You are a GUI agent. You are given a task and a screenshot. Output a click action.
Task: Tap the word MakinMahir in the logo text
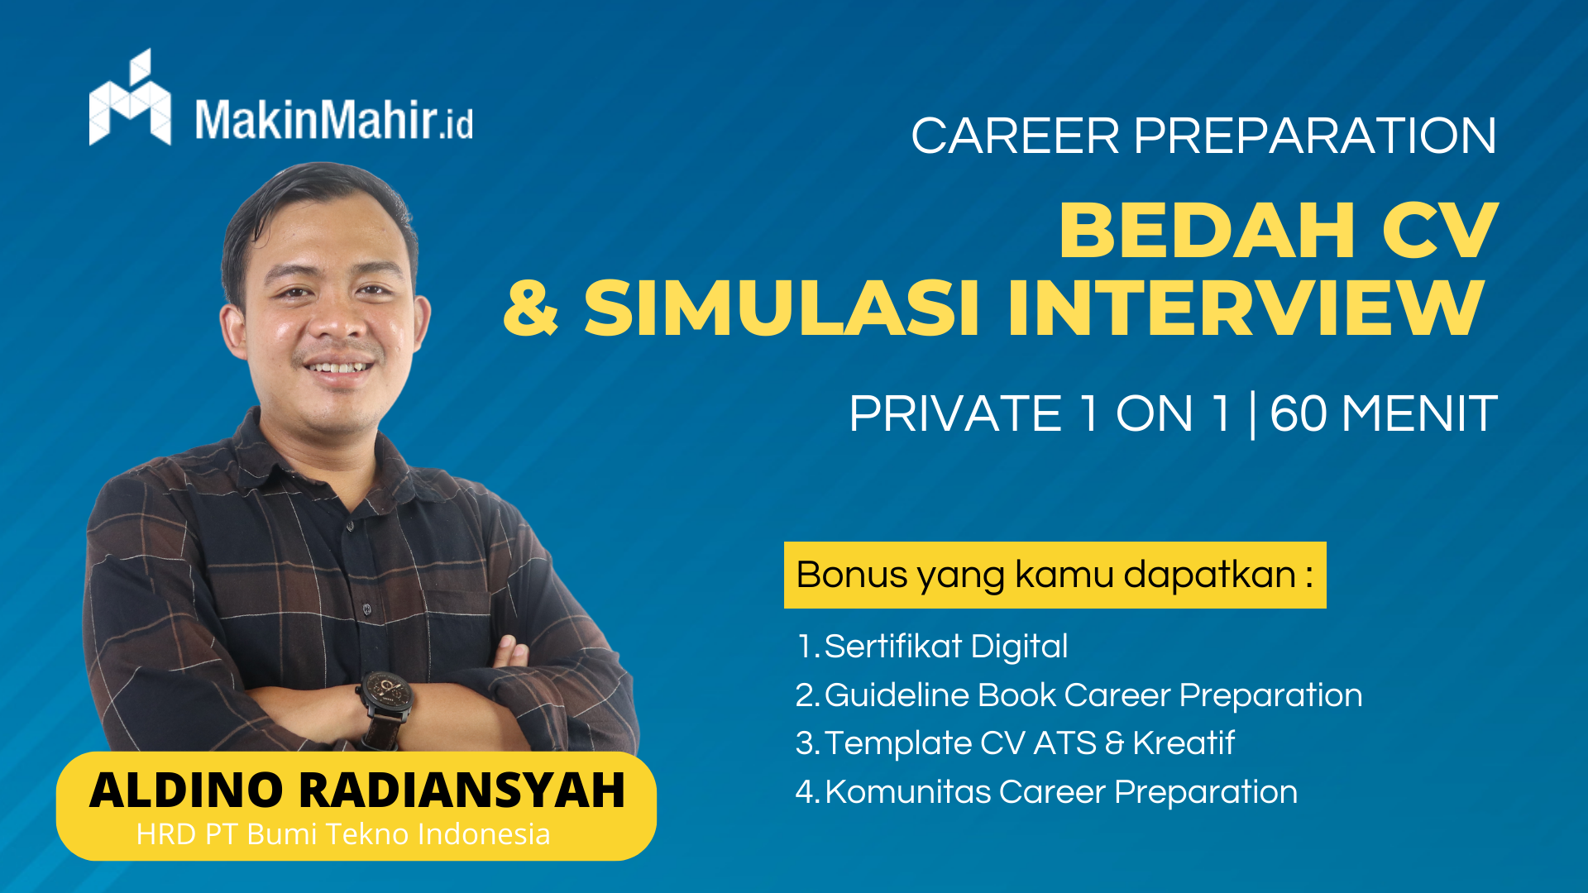click(x=315, y=119)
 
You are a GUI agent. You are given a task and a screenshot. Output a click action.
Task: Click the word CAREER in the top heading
click(x=1015, y=136)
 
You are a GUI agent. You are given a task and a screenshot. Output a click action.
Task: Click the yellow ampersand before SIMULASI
click(x=531, y=308)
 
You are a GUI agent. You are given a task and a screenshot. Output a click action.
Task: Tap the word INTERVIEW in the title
click(x=1246, y=308)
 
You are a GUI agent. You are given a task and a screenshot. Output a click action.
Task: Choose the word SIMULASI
click(x=782, y=308)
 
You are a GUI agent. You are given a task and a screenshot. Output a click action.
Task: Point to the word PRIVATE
click(x=955, y=413)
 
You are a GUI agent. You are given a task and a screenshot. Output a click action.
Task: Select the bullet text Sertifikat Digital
click(x=946, y=647)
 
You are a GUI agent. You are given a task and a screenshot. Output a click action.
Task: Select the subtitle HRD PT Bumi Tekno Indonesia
click(x=343, y=834)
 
